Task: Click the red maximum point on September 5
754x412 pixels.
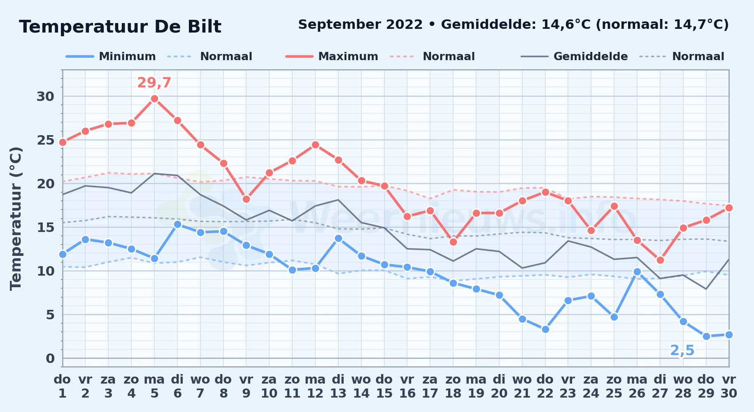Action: coord(154,98)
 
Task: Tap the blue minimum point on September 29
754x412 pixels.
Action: coord(706,336)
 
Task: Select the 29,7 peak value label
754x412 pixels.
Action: coord(154,83)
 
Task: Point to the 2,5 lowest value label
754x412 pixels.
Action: coord(682,351)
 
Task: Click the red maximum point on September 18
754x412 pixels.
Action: coord(453,242)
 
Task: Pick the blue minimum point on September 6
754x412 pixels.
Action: coord(177,224)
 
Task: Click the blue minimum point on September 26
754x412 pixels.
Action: coord(637,272)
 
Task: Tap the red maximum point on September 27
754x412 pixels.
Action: coord(660,260)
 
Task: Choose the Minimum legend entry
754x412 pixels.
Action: coord(111,56)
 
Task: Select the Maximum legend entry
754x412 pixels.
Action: coord(332,56)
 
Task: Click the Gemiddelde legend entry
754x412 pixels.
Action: coord(574,56)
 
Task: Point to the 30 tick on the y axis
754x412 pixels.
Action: coord(45,96)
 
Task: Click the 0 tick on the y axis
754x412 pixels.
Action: coord(50,358)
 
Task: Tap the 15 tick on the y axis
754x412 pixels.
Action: coord(45,227)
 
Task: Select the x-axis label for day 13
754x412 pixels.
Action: coord(338,386)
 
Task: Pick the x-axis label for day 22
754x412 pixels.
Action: coord(545,386)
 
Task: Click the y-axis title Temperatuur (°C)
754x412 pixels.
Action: coord(16,218)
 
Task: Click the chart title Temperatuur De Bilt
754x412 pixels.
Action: coord(120,27)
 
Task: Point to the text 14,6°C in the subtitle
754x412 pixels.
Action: coord(566,25)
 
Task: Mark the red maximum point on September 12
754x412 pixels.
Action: coord(315,145)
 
